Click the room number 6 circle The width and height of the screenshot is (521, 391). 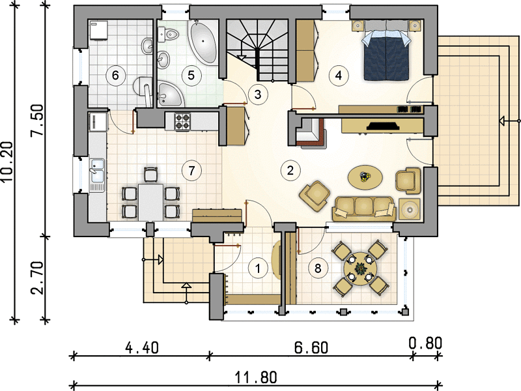coord(115,75)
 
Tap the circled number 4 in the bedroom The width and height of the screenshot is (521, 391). coord(338,76)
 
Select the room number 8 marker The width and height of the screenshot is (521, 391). coord(318,268)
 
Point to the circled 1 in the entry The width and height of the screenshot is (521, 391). coord(257,268)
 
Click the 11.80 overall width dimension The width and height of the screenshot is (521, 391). coord(255,378)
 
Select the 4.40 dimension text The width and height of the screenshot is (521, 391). coord(142,348)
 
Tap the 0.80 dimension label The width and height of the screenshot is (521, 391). coord(425,343)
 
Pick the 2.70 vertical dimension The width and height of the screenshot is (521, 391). coord(37,278)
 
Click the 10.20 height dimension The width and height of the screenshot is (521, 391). coord(7,162)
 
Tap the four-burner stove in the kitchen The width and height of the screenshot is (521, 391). coord(182,121)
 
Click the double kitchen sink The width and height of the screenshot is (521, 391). coord(97,171)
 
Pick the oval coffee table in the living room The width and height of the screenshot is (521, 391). coord(365,176)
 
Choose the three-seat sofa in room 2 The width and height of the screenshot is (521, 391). coord(365,209)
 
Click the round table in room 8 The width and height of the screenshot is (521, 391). coord(360,268)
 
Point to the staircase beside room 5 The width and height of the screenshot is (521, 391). coord(257,50)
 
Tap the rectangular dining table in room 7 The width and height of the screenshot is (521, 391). coord(151,202)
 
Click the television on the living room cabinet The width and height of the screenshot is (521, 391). coord(383,126)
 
